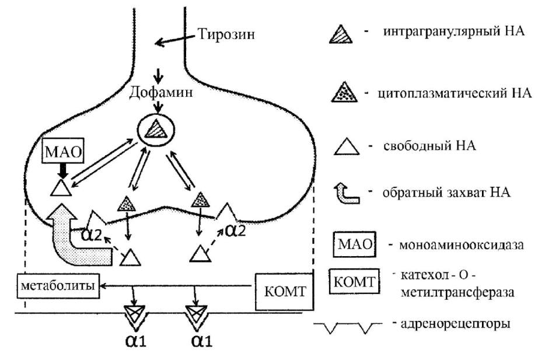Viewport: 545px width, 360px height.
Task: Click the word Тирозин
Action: coord(226,34)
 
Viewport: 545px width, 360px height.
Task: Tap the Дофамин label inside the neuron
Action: coord(161,92)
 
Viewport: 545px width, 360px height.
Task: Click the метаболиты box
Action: coord(58,286)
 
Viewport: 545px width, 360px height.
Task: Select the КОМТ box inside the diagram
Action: coord(285,291)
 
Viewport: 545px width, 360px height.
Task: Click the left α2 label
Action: coord(92,235)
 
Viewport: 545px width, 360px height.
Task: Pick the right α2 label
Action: coord(235,230)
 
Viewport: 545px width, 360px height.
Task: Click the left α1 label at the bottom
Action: coord(136,341)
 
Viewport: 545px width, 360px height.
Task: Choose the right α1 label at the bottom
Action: coord(201,341)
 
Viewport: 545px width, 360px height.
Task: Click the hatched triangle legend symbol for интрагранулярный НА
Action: coord(341,34)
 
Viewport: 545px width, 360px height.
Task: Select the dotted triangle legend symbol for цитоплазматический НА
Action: coord(344,92)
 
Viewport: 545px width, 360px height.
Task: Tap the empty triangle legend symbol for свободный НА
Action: coord(347,146)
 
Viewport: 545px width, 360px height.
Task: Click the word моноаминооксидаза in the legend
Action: coord(461,245)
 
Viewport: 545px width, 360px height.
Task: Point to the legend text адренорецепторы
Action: coord(456,324)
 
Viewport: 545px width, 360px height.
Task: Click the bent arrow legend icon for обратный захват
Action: coord(347,194)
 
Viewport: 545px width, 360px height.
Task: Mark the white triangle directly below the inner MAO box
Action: coord(61,188)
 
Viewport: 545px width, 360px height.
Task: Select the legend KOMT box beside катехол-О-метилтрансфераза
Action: coord(355,281)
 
